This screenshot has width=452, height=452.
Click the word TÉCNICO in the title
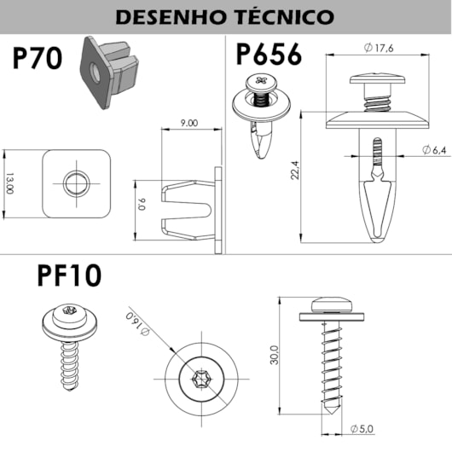pyautogui.click(x=285, y=17)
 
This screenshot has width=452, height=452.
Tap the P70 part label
pyautogui.click(x=38, y=59)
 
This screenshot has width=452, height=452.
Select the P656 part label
pyautogui.click(x=269, y=55)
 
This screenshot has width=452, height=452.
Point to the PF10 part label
pyautogui.click(x=69, y=275)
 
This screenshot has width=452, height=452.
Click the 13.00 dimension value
pyautogui.click(x=9, y=183)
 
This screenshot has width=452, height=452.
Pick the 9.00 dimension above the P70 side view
pyautogui.click(x=189, y=123)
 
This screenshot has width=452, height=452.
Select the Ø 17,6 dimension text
pyautogui.click(x=379, y=48)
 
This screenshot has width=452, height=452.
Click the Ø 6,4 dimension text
pyautogui.click(x=434, y=150)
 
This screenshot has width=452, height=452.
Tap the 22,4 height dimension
pyautogui.click(x=295, y=170)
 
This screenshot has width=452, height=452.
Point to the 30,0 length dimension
pyautogui.click(x=274, y=355)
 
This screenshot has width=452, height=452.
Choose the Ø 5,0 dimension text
pyautogui.click(x=362, y=429)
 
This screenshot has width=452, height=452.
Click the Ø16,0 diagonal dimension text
pyautogui.click(x=137, y=324)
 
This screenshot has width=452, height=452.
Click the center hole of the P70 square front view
pyautogui.click(x=77, y=183)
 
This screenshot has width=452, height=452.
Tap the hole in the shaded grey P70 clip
pyautogui.click(x=96, y=73)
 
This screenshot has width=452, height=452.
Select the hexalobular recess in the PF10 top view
pyautogui.click(x=201, y=379)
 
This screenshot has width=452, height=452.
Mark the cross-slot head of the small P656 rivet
pyautogui.click(x=262, y=81)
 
